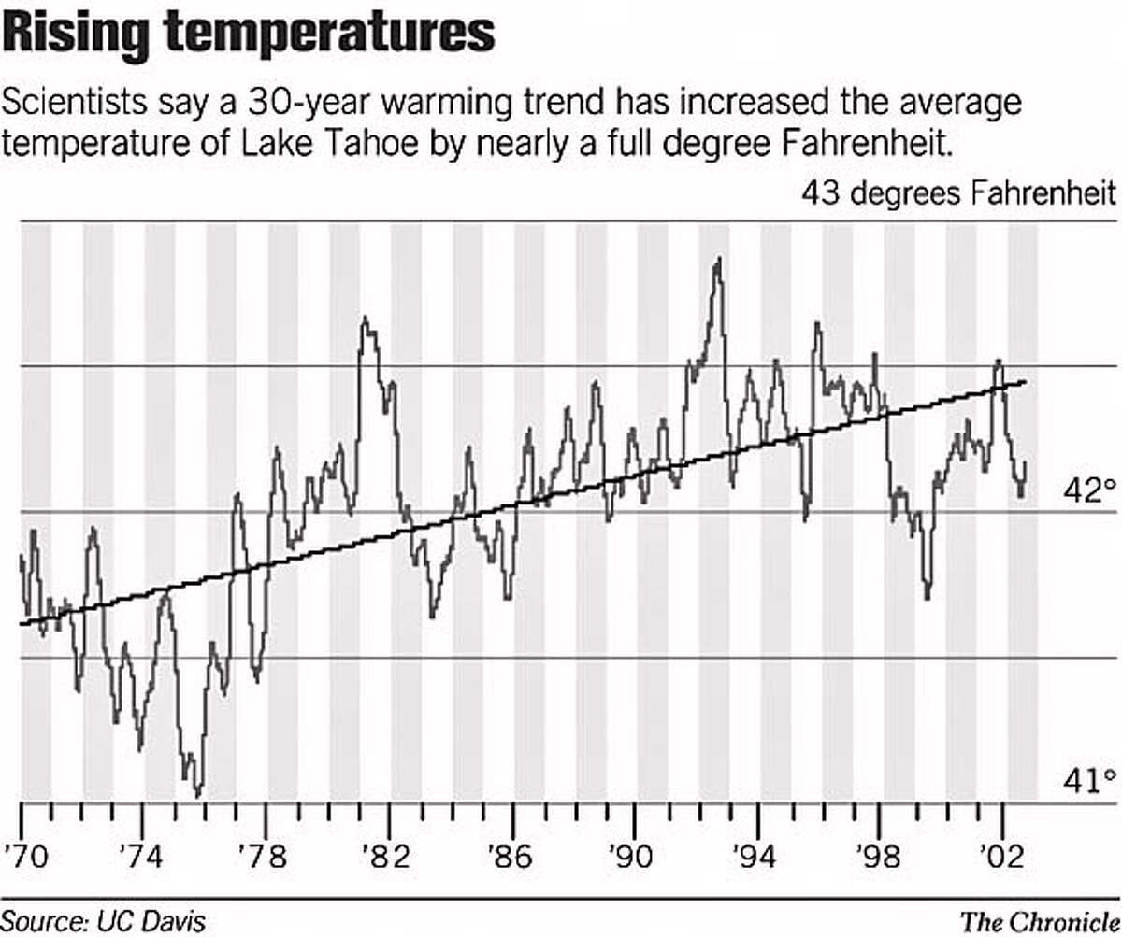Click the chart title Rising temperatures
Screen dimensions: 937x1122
[x=248, y=35]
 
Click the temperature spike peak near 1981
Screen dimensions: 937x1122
[x=364, y=319]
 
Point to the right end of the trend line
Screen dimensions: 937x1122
[x=1026, y=381]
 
